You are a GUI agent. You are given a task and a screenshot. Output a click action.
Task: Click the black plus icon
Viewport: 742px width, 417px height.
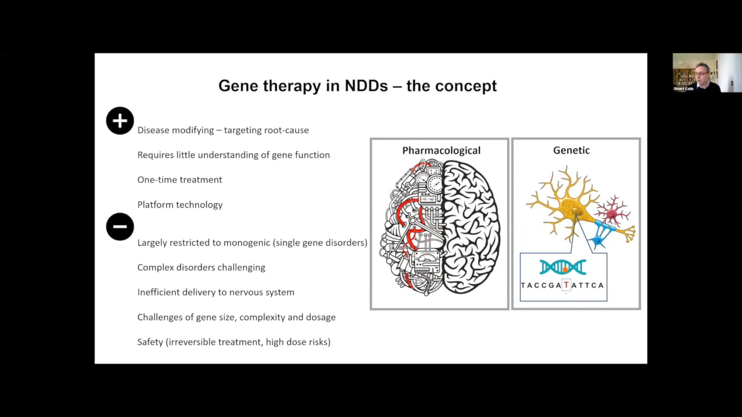tap(120, 121)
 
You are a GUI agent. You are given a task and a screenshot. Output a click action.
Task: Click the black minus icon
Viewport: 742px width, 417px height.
tap(120, 226)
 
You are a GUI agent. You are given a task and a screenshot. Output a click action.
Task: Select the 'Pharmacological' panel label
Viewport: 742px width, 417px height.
tap(441, 151)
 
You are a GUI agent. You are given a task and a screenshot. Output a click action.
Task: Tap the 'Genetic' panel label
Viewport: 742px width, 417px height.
tap(571, 151)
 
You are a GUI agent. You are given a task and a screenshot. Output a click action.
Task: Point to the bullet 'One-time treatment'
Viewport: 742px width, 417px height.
tap(180, 180)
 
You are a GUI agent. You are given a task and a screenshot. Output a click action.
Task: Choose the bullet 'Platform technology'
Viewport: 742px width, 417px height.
tap(180, 204)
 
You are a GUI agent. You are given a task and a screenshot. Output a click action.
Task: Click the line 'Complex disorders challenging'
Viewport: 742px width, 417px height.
tap(201, 268)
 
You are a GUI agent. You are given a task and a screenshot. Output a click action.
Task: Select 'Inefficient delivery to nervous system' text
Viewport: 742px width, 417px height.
tap(216, 292)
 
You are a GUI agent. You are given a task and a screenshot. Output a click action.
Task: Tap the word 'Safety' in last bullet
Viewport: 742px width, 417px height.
tap(150, 342)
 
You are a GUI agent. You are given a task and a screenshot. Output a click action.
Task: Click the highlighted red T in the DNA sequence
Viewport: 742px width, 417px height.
tap(566, 285)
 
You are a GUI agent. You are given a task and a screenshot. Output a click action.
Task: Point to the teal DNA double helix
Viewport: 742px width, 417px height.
tap(562, 267)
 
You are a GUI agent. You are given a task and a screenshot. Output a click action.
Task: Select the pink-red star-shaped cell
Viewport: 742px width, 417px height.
tap(612, 213)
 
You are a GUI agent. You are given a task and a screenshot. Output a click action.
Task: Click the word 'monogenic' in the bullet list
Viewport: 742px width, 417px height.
tap(246, 243)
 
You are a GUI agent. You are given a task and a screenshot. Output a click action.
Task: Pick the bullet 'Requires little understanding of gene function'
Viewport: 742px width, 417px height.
tap(234, 155)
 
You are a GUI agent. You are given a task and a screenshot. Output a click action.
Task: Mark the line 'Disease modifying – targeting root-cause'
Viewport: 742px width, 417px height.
tap(223, 130)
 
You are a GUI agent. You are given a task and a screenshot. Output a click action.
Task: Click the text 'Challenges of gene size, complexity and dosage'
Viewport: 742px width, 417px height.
tap(237, 317)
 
